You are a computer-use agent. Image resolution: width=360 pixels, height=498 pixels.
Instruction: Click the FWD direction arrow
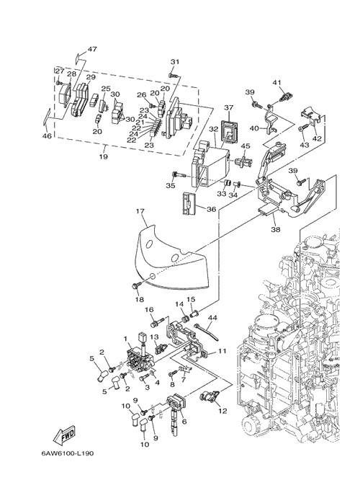[x=64, y=435]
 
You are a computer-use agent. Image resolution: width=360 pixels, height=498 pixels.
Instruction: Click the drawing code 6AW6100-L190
[x=68, y=453]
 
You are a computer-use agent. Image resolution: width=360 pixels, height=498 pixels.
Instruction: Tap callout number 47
[x=92, y=49]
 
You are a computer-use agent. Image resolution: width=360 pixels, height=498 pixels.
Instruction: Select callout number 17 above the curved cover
[x=140, y=211]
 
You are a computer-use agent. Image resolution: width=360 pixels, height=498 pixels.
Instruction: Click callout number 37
[x=229, y=107]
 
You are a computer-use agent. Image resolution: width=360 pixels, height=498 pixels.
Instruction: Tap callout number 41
[x=277, y=83]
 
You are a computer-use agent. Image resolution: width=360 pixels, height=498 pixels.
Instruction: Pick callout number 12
[x=223, y=411]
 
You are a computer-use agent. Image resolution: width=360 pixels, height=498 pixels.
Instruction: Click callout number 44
[x=212, y=318]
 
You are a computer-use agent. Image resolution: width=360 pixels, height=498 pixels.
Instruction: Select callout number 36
[x=211, y=209]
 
